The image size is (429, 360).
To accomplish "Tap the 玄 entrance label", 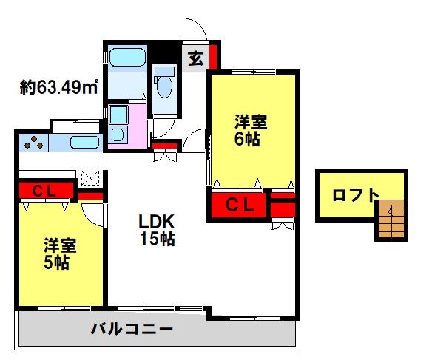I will coord(195,58).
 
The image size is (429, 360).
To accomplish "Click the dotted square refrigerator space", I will coord(89,177).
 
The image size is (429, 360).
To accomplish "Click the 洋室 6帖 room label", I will coord(248,130).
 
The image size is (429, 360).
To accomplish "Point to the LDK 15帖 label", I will coord(158,229).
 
